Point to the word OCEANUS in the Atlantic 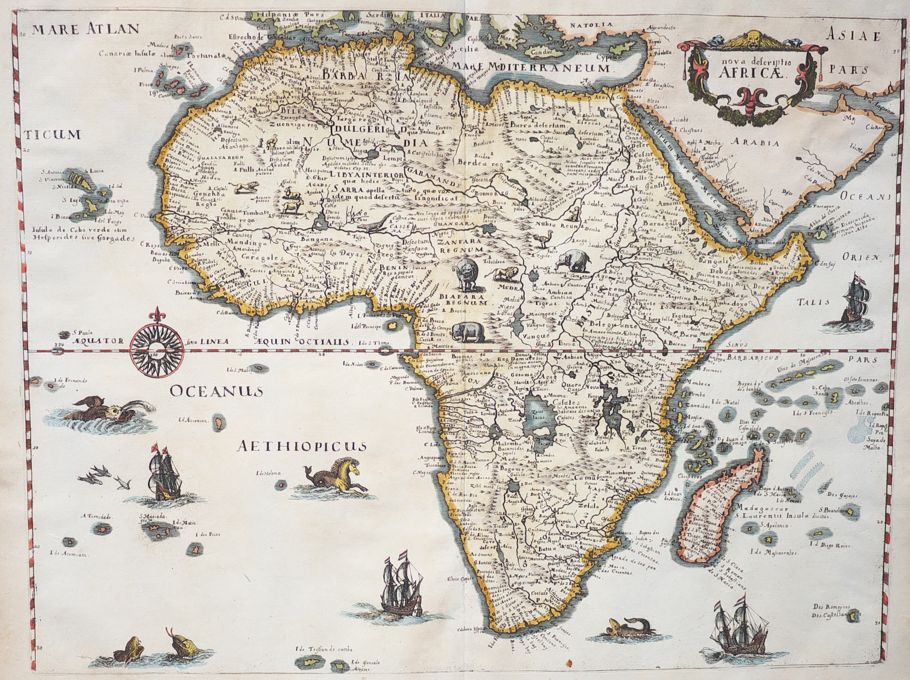point(216,391)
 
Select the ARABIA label point(755,143)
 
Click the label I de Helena point(269,473)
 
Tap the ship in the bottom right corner point(741,628)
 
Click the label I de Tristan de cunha point(324,649)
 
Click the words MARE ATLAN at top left point(86,29)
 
